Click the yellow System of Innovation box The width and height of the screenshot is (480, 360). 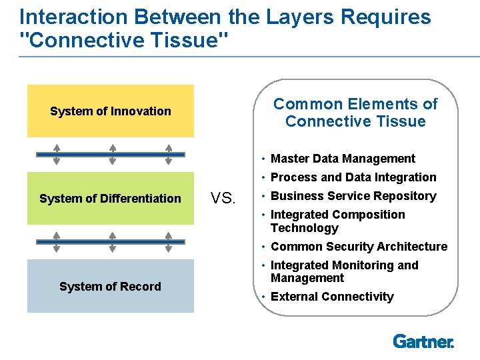[111, 111]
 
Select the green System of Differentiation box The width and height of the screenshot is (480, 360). [111, 198]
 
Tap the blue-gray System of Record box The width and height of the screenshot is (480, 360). [111, 286]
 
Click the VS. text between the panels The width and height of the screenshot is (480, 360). [223, 198]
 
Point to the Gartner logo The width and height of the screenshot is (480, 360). [423, 341]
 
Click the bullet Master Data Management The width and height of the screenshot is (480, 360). [343, 159]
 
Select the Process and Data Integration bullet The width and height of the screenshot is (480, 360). [353, 177]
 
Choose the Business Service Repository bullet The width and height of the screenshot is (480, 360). [353, 196]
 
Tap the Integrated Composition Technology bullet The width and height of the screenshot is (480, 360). [338, 221]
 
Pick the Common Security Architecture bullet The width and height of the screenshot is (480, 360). [359, 247]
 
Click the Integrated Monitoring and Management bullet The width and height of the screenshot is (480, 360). [344, 271]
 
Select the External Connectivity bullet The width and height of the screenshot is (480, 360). [332, 297]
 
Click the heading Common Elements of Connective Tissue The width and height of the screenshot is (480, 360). [355, 113]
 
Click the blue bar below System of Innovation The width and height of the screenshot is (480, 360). [111, 155]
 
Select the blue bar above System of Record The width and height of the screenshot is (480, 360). [111, 242]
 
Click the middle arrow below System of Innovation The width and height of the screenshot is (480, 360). [113, 155]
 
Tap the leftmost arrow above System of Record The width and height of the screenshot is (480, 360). [57, 242]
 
